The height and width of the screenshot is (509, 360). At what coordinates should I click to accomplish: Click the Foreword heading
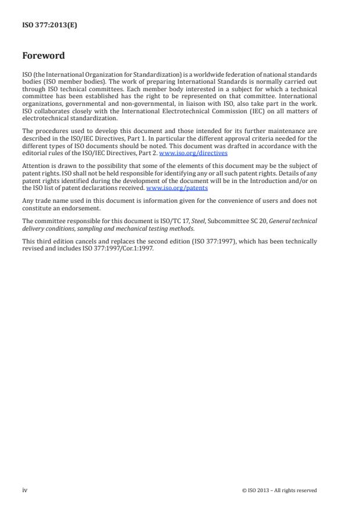[x=43, y=56]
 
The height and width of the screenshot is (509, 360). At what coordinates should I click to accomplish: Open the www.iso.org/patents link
[x=177, y=188]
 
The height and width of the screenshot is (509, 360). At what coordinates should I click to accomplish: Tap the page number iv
[x=24, y=490]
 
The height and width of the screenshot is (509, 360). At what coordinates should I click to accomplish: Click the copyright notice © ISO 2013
[x=279, y=490]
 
